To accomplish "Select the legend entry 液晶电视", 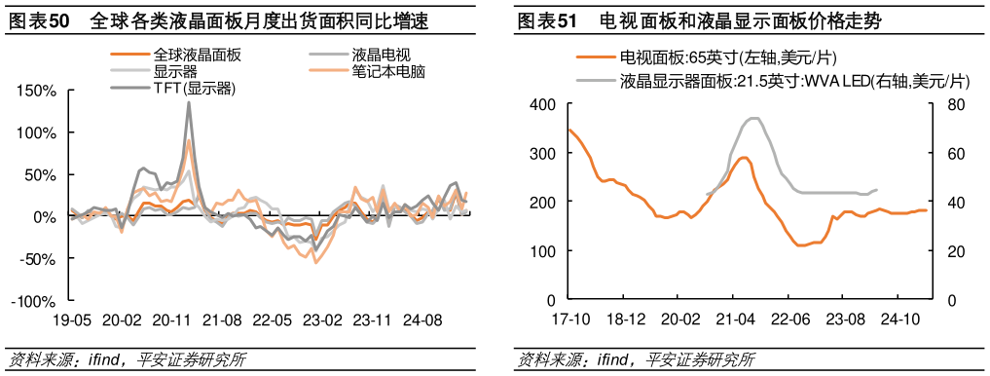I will [379, 56].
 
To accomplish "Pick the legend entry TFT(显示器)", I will [196, 89].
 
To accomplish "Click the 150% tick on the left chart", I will [38, 91].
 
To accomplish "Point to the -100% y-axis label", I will [34, 302].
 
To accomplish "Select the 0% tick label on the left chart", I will [45, 217].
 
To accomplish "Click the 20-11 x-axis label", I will [172, 320].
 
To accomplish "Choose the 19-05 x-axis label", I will [71, 320].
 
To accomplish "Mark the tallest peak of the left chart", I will [188, 102].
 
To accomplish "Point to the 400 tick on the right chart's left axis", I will [542, 104].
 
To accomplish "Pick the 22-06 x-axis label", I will [789, 320].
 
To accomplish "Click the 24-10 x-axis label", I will [900, 320].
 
